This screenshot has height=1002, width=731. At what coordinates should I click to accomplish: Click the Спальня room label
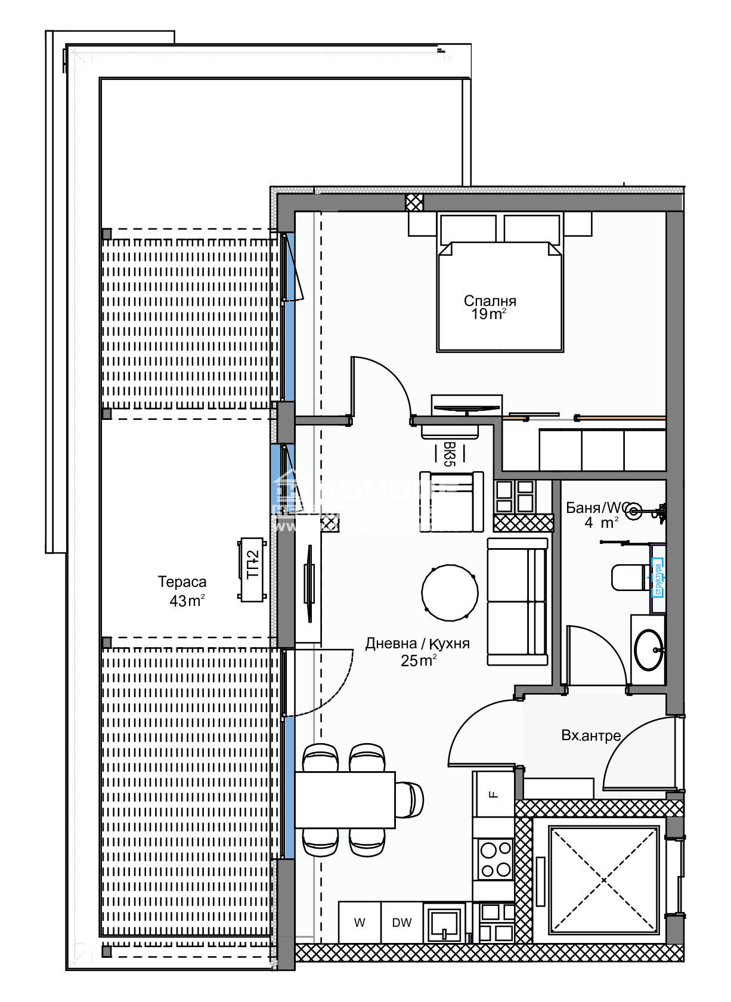click(x=490, y=301)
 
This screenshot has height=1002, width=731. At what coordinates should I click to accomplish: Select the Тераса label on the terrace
click(x=182, y=581)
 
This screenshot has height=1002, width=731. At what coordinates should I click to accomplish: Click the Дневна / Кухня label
click(x=417, y=644)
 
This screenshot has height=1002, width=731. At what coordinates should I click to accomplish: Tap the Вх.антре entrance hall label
click(x=591, y=735)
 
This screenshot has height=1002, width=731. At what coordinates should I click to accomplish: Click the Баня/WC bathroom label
click(x=594, y=508)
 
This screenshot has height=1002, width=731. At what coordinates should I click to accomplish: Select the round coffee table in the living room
click(x=450, y=593)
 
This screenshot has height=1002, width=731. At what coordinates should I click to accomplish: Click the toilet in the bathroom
click(x=627, y=577)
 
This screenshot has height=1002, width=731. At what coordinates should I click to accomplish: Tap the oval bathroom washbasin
click(x=648, y=650)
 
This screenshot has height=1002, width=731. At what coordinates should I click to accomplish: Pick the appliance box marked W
click(x=360, y=923)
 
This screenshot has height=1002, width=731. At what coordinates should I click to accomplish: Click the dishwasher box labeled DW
click(x=402, y=923)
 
